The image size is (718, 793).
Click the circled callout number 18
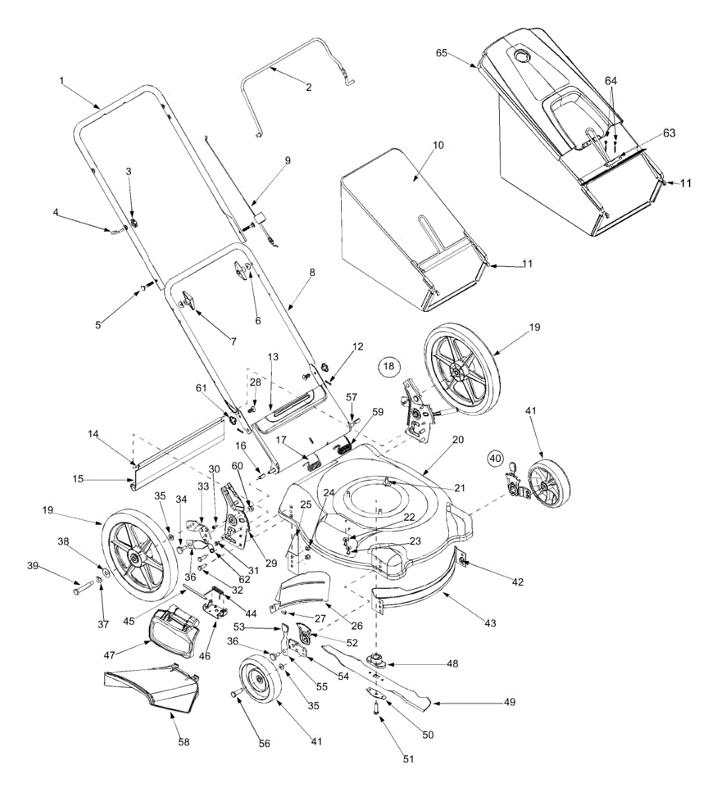pyautogui.click(x=389, y=366)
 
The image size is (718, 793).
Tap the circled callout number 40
pyautogui.click(x=496, y=456)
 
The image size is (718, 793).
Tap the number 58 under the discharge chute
pyautogui.click(x=184, y=742)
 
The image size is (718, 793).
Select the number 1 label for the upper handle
pyautogui.click(x=61, y=80)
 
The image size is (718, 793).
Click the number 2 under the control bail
pyautogui.click(x=309, y=87)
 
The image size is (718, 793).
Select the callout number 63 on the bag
pyautogui.click(x=670, y=133)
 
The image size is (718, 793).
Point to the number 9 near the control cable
pyautogui.click(x=287, y=161)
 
